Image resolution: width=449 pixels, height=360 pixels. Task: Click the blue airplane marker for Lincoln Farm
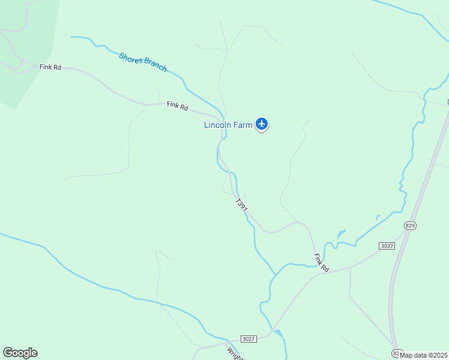[261, 124]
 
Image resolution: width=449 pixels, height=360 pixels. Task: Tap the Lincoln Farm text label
[228, 125]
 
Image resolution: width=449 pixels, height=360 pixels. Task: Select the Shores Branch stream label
[142, 62]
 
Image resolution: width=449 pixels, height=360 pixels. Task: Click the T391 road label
[241, 205]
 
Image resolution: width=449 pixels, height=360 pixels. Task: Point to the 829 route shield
[410, 226]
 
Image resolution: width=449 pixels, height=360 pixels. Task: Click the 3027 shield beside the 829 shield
[387, 246]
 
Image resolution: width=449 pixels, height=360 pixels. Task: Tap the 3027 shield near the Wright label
[250, 339]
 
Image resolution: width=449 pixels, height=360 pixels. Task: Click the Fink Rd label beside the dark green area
[50, 67]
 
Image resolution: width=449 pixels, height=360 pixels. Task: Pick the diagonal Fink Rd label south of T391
[322, 263]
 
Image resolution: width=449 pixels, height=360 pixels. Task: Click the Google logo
[20, 353]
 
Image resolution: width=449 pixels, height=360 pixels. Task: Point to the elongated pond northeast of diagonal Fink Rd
[341, 234]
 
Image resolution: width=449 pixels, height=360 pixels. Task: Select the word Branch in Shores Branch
[155, 66]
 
